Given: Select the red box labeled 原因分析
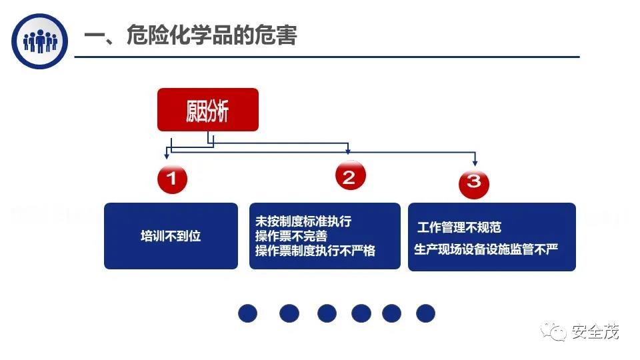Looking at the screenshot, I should click(207, 110).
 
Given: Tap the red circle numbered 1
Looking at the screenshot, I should click(172, 178).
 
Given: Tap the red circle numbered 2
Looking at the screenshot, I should click(349, 177).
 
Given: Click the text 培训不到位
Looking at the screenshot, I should click(171, 236).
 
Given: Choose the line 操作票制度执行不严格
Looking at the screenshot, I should click(315, 251).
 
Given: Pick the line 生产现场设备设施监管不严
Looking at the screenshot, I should click(485, 249).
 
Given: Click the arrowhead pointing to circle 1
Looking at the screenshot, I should click(167, 155).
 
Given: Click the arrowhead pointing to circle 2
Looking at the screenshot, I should click(348, 151).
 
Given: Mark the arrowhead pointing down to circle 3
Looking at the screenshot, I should click(475, 163).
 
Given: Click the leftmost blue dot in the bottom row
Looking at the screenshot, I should click(248, 313).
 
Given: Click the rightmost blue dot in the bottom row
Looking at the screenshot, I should click(425, 313).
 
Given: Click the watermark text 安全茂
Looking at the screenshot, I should click(595, 331).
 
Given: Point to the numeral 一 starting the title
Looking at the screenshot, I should click(95, 36).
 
